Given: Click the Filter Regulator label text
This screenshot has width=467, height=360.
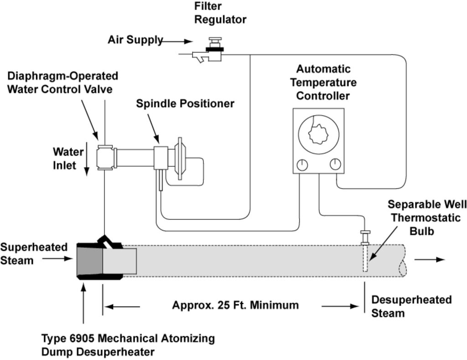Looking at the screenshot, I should tap(220, 13).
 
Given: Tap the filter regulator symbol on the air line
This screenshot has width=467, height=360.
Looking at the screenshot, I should tap(211, 51).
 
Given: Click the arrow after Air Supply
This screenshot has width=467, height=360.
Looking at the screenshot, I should tap(178, 41).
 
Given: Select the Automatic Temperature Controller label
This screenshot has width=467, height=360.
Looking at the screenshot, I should tap(323, 82).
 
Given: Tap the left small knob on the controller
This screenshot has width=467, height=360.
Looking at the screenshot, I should tap(302, 165).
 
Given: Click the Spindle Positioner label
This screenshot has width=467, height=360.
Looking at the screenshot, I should tap(185, 104).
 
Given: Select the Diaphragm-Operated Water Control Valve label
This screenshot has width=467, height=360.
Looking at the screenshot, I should tap(62, 82).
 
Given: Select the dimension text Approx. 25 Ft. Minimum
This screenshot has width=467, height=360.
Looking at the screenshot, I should tap(235, 305).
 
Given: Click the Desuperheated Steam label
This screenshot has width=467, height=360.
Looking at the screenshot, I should tap(411, 306).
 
